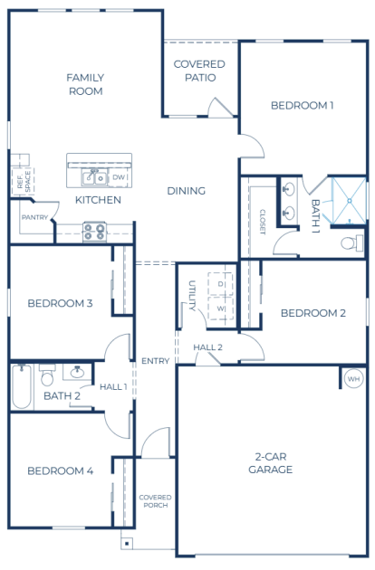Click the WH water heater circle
click(x=353, y=379)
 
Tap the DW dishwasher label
click(x=119, y=177)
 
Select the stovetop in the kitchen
click(x=95, y=232)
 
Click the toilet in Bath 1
click(x=352, y=242)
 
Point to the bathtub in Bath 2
click(x=22, y=386)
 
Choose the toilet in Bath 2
click(x=47, y=375)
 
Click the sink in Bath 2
click(x=77, y=372)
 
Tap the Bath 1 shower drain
click(x=349, y=200)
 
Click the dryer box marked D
click(x=220, y=284)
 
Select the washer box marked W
click(x=220, y=309)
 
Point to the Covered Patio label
click(x=199, y=71)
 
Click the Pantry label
click(x=34, y=217)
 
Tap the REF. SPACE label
click(x=24, y=180)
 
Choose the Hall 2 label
click(x=207, y=347)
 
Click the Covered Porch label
click(x=155, y=501)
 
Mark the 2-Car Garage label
click(x=271, y=462)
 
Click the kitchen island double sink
click(x=94, y=177)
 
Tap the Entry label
click(x=156, y=361)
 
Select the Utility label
click(x=192, y=296)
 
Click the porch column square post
click(x=126, y=544)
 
